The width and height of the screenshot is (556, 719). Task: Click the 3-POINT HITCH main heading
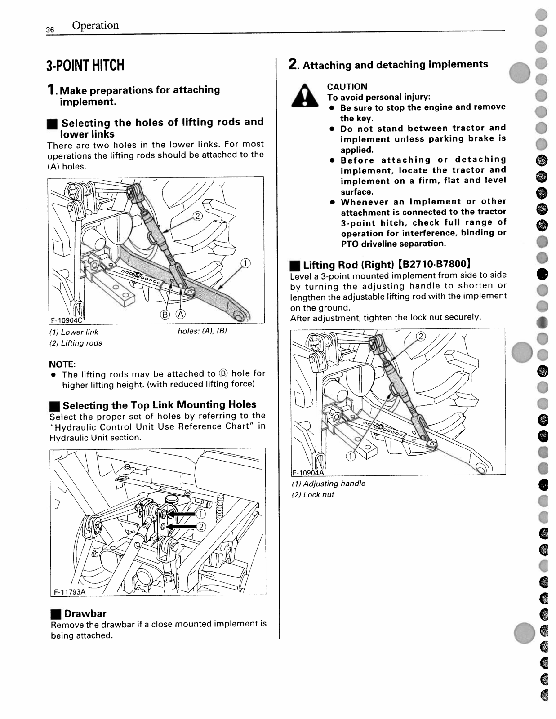coord(85,66)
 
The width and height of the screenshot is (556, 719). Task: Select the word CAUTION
coord(347,87)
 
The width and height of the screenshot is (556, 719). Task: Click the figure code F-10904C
coord(66,320)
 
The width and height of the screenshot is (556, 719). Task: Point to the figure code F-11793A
coord(70,592)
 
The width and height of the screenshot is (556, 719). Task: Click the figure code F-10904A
coord(308,472)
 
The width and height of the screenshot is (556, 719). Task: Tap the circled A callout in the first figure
coord(181,314)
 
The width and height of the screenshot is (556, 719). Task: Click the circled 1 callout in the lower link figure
coord(245,263)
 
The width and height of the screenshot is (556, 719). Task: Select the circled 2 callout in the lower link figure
coord(197,216)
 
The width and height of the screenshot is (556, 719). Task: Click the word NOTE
coord(62,364)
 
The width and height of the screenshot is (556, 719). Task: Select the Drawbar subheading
coord(85,613)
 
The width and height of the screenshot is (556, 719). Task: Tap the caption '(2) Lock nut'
coord(313,494)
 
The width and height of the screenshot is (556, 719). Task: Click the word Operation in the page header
coord(95,26)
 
